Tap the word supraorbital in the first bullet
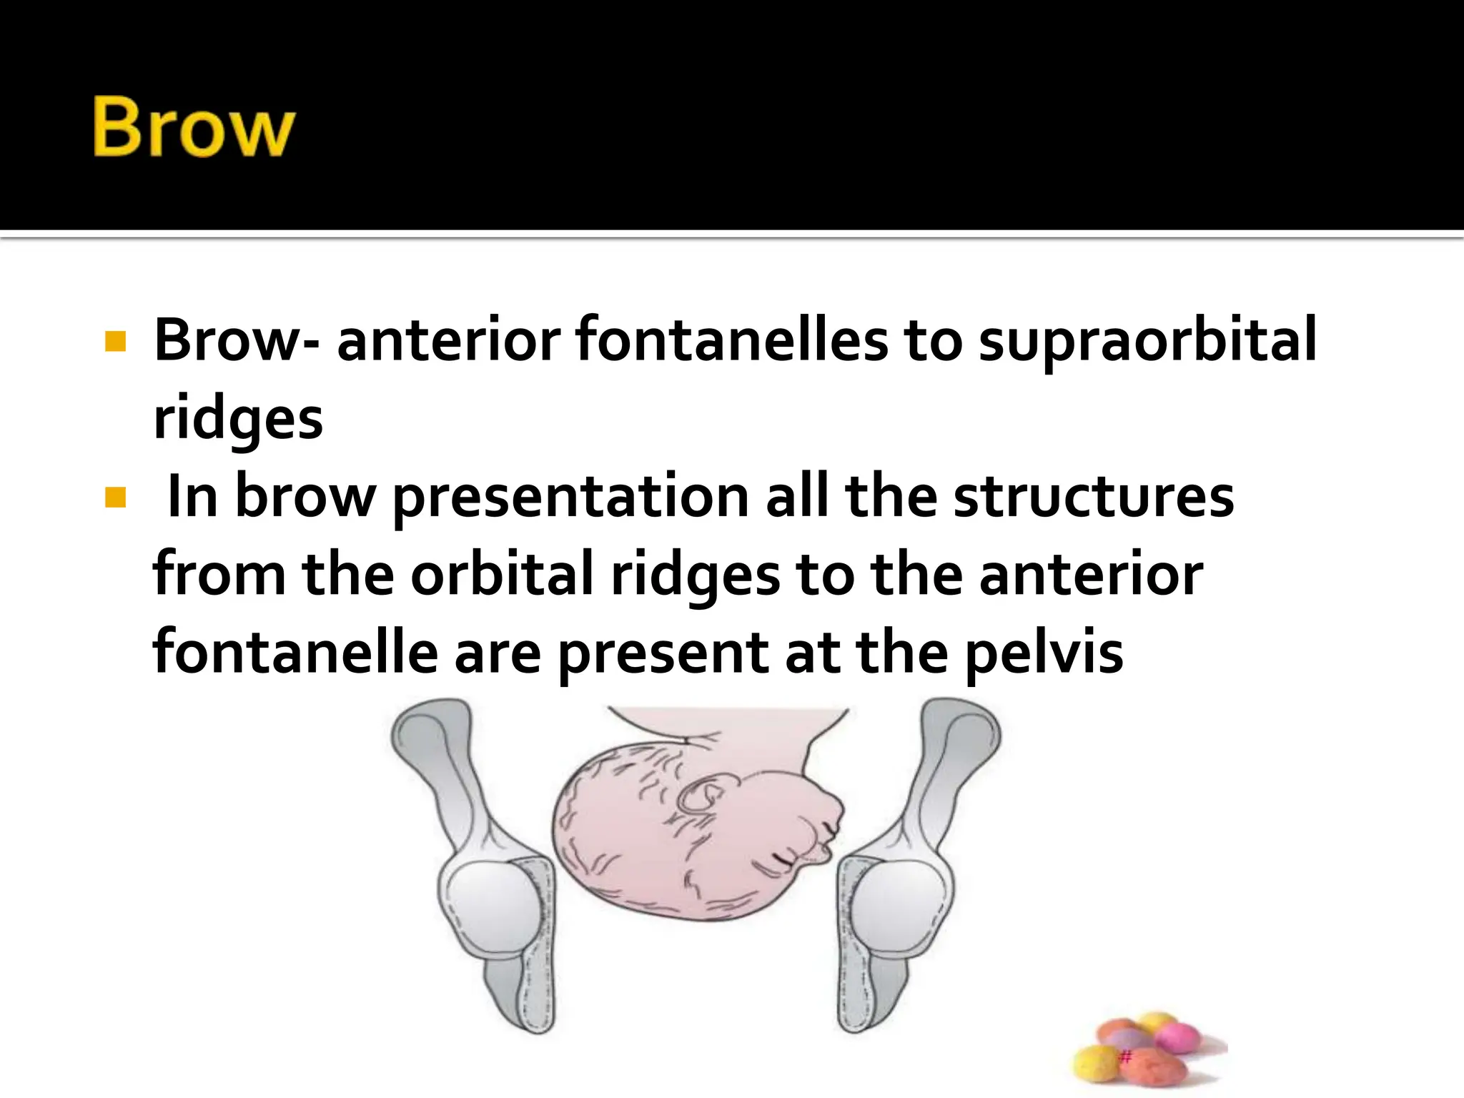(1147, 340)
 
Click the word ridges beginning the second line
(238, 420)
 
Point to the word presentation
(570, 498)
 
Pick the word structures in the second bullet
(1093, 498)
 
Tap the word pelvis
(1044, 653)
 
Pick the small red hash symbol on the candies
(1125, 1057)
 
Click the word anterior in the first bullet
(448, 340)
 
